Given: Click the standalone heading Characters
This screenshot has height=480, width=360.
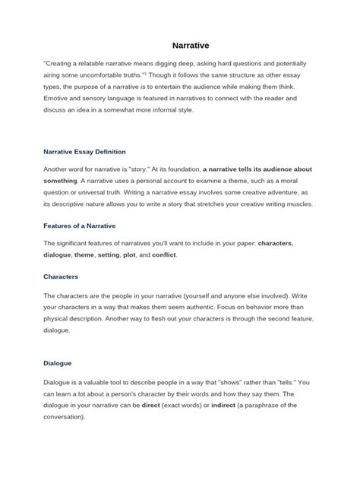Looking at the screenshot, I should point(62,276).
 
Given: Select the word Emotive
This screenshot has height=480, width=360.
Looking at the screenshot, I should point(59,99).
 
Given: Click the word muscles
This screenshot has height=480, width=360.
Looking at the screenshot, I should point(286,204).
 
